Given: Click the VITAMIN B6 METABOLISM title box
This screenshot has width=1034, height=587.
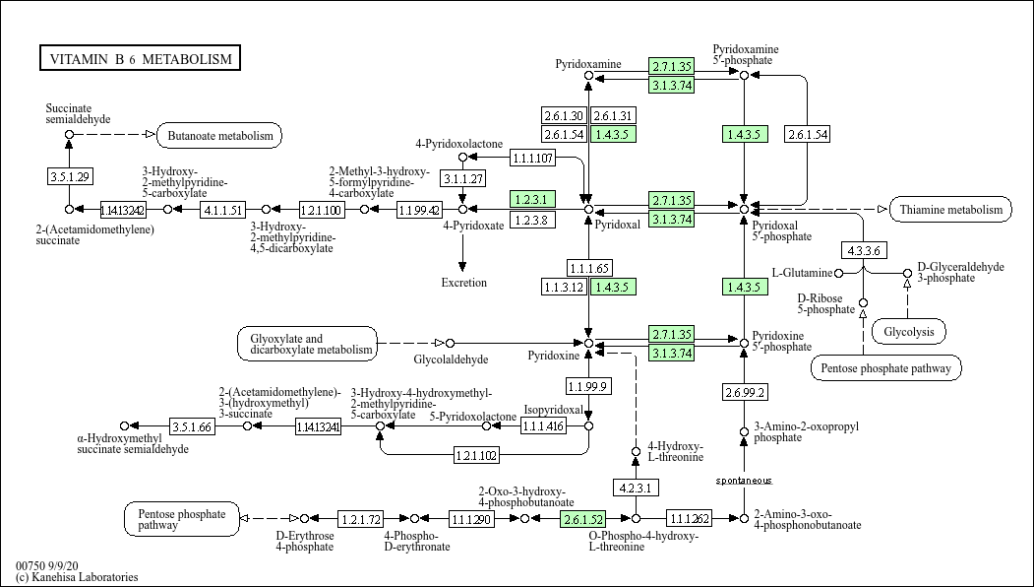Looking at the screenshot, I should coord(140,59).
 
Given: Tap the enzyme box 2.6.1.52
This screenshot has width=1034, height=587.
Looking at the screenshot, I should coord(581,518).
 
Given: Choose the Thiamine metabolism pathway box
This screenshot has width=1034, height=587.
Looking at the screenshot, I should coord(950,209).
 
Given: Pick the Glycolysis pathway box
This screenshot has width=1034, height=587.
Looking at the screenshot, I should coord(908,332).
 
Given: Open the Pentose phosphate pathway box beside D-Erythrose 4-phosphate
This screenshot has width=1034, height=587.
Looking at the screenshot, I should coord(182,518).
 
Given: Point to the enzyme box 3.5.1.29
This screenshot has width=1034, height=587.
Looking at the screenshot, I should coord(69,176).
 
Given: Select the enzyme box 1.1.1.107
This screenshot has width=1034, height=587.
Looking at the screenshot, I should coord(533,158).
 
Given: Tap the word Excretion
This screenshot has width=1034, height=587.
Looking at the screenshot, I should coord(463,283).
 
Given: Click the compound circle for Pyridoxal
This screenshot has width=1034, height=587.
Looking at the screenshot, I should coord(588,209).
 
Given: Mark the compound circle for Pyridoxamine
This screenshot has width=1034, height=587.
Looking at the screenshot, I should coord(588,76).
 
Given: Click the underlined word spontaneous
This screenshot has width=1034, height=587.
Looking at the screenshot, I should coord(744,481).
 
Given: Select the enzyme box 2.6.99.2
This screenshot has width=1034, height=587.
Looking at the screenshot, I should coord(744,392).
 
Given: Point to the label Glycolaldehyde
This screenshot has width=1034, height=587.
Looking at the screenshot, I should coord(451,359).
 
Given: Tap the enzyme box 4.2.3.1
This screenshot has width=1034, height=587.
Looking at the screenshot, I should coord(636,488).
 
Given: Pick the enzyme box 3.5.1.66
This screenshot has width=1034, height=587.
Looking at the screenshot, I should coord(192,426).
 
